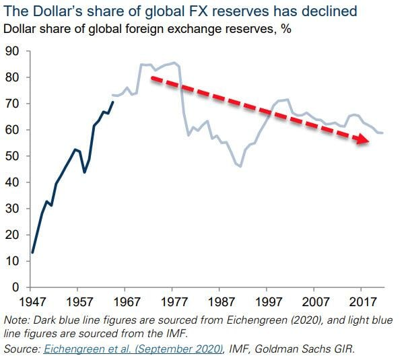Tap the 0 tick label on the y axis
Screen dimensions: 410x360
click(x=15, y=287)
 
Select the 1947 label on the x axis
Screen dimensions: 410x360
click(x=32, y=302)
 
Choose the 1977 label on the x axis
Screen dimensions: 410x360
click(x=174, y=302)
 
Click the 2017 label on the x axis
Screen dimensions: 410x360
click(x=363, y=302)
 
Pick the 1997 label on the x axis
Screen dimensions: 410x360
click(x=268, y=302)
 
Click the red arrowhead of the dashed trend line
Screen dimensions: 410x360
click(x=362, y=139)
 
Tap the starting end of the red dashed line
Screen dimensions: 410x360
click(x=152, y=78)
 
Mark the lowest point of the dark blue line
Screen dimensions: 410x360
click(x=32, y=252)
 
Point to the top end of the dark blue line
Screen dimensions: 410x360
click(x=113, y=102)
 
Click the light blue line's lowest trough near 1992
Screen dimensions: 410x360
click(x=240, y=166)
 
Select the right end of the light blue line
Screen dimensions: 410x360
click(x=382, y=133)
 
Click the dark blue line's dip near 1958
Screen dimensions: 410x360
click(x=84, y=172)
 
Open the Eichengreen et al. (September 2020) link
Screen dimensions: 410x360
click(x=133, y=349)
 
